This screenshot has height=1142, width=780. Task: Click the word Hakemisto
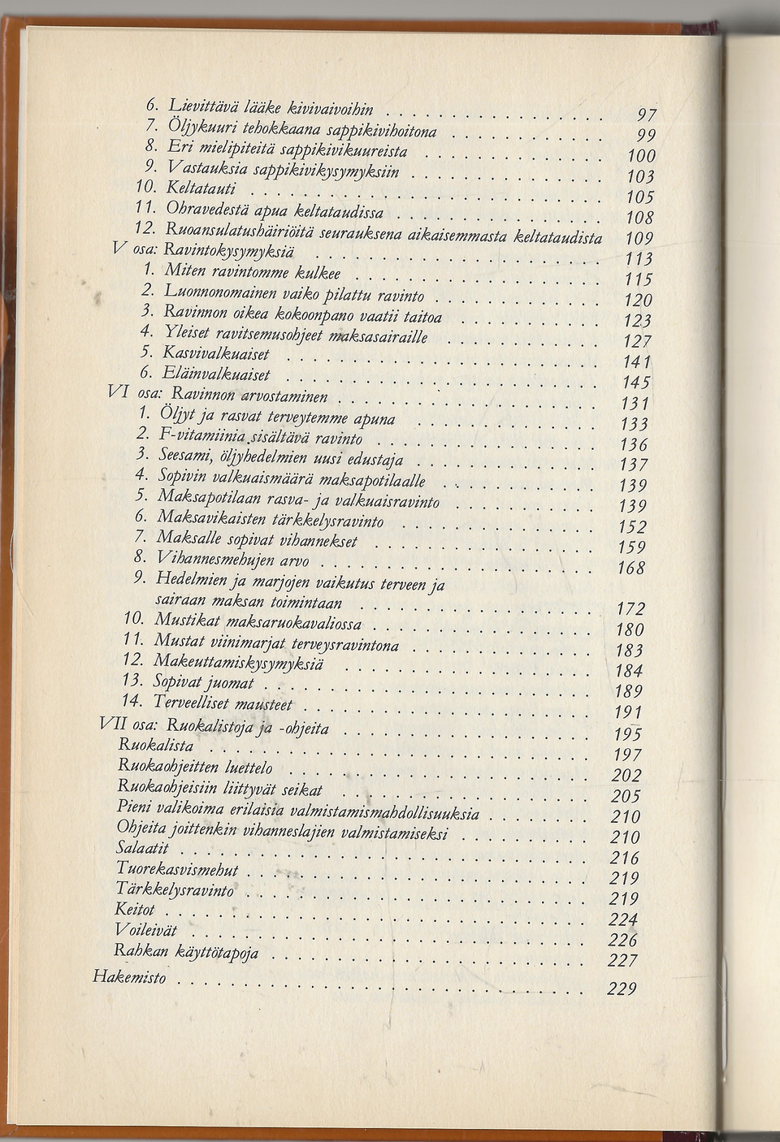pos(129,977)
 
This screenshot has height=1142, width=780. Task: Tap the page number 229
pos(622,989)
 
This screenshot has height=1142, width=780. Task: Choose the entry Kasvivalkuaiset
pos(215,354)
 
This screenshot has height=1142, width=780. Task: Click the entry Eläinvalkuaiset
pos(215,374)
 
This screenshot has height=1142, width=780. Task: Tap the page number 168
pos(630,568)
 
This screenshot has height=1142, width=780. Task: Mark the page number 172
pos(630,608)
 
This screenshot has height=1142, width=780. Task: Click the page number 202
pos(626,776)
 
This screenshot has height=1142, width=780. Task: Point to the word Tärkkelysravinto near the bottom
pos(174,890)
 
